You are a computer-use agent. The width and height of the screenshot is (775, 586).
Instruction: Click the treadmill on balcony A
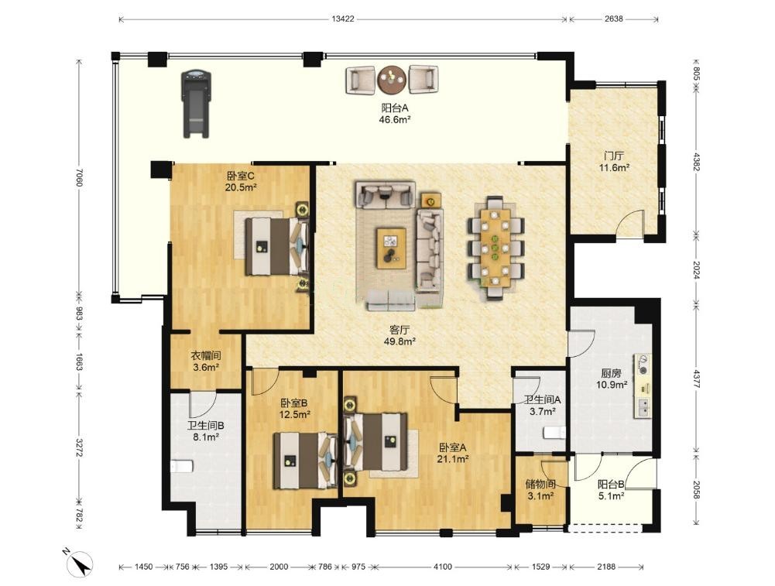pos(197,104)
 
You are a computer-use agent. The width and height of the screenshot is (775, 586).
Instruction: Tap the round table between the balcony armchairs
pos(392,80)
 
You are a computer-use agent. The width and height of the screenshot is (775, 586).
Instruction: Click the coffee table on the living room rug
pos(391,248)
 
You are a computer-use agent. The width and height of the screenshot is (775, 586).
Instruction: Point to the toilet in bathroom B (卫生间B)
pos(181,467)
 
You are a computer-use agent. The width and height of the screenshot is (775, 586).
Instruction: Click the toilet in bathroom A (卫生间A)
pos(554,434)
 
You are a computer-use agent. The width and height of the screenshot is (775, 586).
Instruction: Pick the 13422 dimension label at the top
pos(343,19)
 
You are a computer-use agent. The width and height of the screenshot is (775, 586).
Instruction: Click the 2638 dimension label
pos(613,19)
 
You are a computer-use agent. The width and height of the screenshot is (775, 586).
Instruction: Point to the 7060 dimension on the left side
pos(79,178)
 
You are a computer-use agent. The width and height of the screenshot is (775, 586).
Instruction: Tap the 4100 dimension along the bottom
pos(443,567)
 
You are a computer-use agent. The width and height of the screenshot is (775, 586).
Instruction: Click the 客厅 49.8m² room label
pos(400,335)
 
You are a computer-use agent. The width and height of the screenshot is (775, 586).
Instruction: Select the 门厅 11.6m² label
pos(613,162)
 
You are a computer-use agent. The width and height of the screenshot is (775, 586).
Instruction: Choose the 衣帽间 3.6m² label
pos(206,362)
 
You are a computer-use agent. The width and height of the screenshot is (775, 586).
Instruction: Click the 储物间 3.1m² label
pos(540,490)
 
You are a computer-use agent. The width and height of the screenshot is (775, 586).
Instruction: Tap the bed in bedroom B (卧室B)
pos(304,460)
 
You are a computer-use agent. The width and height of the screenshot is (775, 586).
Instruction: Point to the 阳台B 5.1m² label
pos(612,490)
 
